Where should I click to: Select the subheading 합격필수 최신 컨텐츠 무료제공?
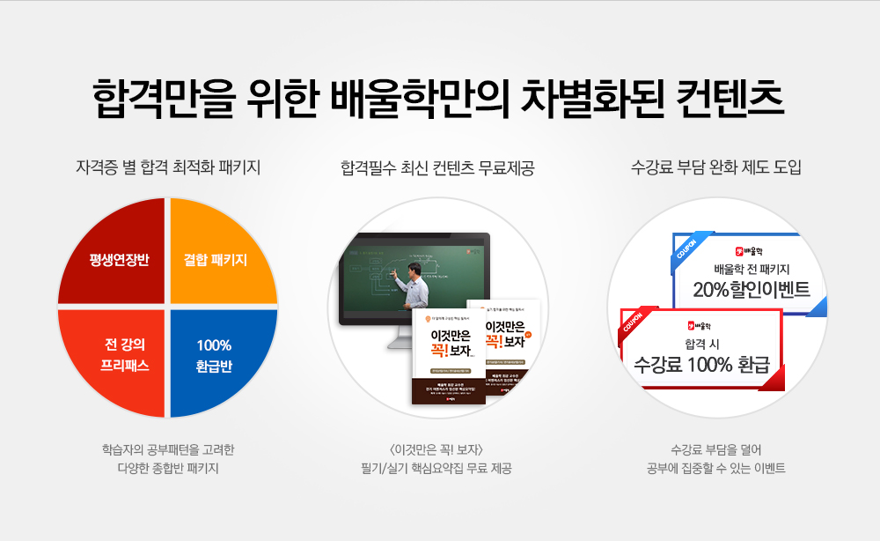pyautogui.click(x=437, y=166)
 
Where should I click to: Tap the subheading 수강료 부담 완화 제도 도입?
pyautogui.click(x=716, y=166)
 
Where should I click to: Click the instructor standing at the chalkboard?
pyautogui.click(x=414, y=282)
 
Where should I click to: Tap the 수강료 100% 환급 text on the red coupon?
pyautogui.click(x=702, y=363)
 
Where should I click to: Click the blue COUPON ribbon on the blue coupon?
pyautogui.click(x=686, y=248)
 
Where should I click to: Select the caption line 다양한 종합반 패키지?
pyautogui.click(x=168, y=467)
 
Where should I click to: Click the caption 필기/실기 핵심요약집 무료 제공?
pyautogui.click(x=437, y=467)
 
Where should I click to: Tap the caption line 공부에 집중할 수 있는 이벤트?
pyautogui.click(x=716, y=467)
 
